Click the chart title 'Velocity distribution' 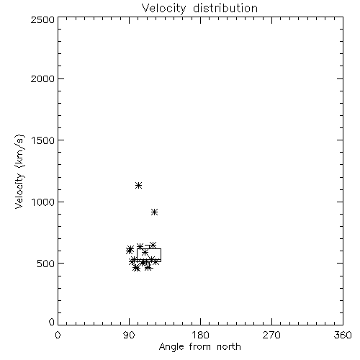(199, 9)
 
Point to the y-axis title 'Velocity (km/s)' (19, 171)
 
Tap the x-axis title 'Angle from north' (199, 347)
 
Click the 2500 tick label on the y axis (42, 19)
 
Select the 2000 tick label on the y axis (42, 78)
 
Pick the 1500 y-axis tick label (43, 140)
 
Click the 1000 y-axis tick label (43, 202)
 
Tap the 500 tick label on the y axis (46, 264)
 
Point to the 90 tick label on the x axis (129, 335)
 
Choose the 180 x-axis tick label (200, 335)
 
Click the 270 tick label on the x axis (271, 335)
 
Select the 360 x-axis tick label (343, 335)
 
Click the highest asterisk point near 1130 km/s (138, 185)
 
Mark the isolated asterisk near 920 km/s (155, 212)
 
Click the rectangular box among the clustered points (138, 255)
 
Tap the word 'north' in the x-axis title (229, 347)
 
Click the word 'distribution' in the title (225, 8)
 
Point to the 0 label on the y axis (52, 322)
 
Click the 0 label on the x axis (58, 335)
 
